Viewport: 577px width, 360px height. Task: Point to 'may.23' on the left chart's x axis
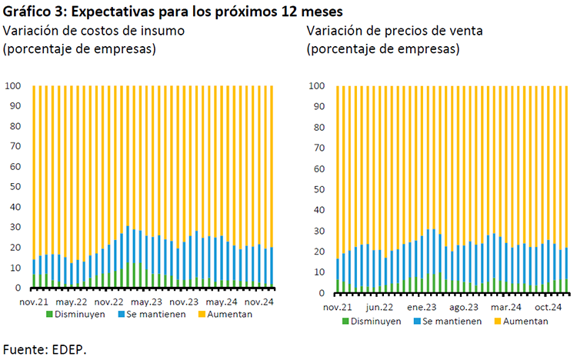145,302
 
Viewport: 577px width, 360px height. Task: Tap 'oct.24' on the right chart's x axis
549,307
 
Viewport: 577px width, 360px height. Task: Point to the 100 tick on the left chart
13,85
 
